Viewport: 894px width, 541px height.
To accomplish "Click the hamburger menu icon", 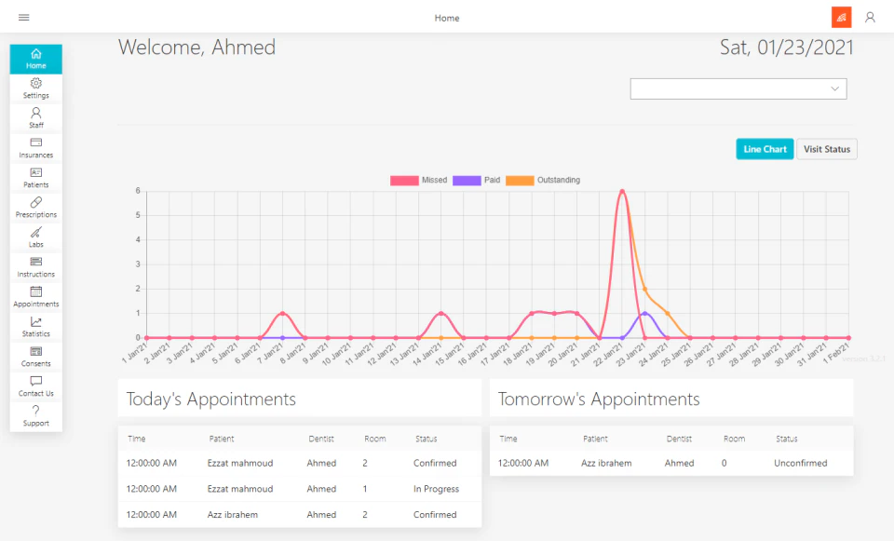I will (x=23, y=18).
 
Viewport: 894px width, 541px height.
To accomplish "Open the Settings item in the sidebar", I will (x=36, y=88).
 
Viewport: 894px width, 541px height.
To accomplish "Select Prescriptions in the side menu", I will (x=36, y=208).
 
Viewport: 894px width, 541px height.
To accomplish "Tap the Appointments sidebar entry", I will (x=36, y=297).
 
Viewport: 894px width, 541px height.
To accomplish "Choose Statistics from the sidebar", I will (x=36, y=327).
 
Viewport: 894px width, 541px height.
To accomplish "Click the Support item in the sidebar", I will (x=36, y=416).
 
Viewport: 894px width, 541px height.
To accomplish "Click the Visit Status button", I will (x=827, y=149).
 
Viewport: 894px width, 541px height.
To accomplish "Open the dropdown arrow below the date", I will (x=834, y=88).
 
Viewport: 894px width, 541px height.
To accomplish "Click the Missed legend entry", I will (x=418, y=180).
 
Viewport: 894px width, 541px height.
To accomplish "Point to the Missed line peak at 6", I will (x=622, y=191).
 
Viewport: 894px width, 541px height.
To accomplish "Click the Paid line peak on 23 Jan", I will (x=644, y=313).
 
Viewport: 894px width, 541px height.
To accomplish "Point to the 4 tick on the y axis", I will (x=138, y=240).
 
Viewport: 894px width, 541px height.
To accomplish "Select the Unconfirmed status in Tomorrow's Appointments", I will (x=800, y=463).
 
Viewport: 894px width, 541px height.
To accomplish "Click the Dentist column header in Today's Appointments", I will (x=321, y=439).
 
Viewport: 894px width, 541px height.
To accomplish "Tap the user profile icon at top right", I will (x=870, y=18).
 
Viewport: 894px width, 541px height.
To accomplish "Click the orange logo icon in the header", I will (x=842, y=18).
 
